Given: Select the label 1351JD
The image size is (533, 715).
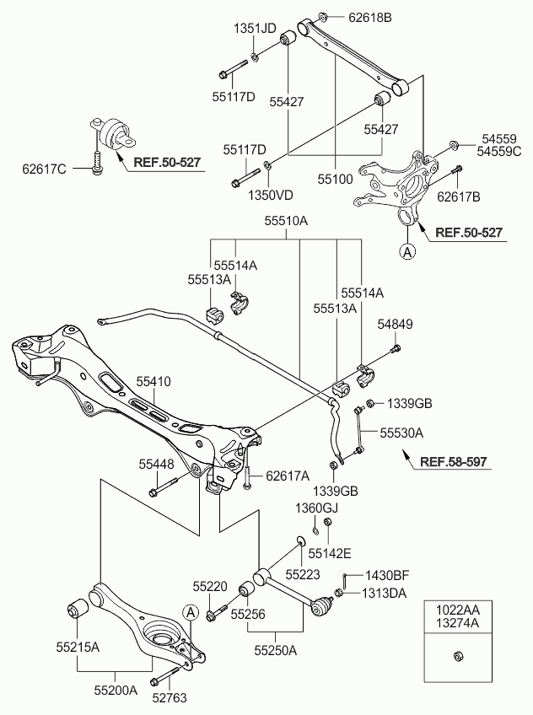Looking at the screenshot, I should (255, 29).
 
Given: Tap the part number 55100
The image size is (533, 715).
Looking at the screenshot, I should (336, 180).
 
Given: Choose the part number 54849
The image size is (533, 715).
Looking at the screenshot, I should (396, 323).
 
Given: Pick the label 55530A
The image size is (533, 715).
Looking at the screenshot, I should (401, 432).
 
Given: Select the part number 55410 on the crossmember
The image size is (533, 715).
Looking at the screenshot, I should (153, 382).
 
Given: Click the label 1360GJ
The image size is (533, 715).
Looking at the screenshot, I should (315, 508).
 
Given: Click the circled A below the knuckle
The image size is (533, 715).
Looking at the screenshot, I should (407, 250).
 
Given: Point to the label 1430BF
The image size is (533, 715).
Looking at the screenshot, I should (385, 576).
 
